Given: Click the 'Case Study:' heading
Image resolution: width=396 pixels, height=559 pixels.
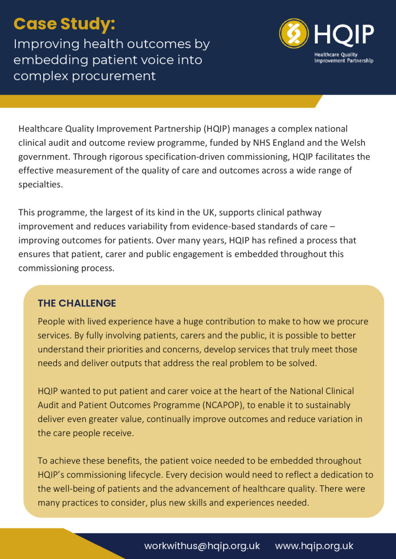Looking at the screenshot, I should click(64, 24).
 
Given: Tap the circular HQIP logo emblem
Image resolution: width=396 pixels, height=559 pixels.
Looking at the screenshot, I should click(294, 33).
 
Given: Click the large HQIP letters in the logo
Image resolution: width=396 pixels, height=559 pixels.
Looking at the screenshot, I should click(344, 34).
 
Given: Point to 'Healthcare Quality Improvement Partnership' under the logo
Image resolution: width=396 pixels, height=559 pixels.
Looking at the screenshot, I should click(343, 58).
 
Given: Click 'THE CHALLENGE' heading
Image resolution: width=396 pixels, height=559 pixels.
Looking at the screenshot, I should click(77, 303).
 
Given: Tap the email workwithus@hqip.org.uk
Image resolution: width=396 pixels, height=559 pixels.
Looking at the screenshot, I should click(202, 545).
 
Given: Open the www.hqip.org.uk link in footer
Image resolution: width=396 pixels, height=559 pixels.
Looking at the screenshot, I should click(314, 545).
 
